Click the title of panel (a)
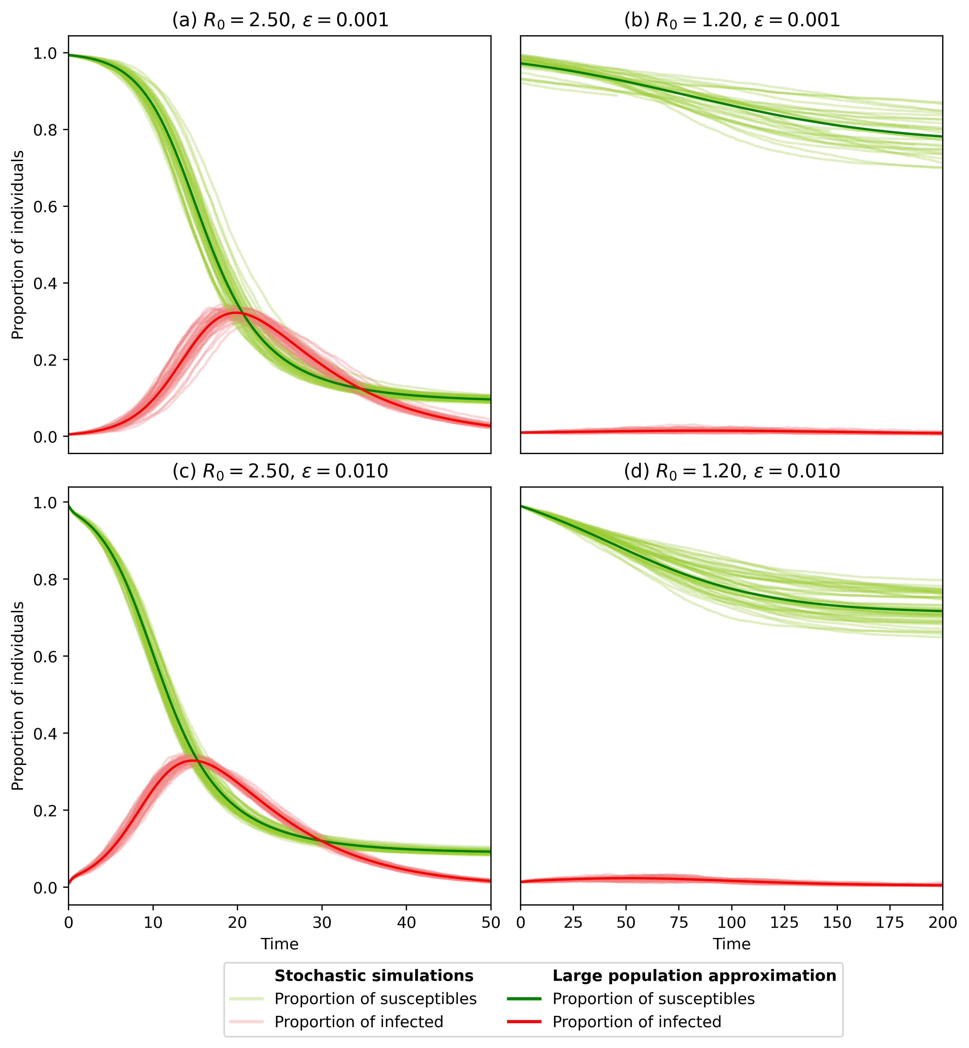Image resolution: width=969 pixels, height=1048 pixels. coord(281,20)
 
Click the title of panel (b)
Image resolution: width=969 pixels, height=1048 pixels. coord(732,20)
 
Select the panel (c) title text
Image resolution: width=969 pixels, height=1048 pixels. coord(281,472)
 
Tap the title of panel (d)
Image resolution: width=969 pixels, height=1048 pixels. coord(732,472)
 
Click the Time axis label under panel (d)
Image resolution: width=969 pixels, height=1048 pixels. coord(732,944)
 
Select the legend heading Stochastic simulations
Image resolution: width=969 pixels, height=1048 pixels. coord(374,975)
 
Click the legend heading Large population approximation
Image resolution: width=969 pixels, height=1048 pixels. coord(694,975)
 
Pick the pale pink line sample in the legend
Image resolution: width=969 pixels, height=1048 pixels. coord(246,1022)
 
